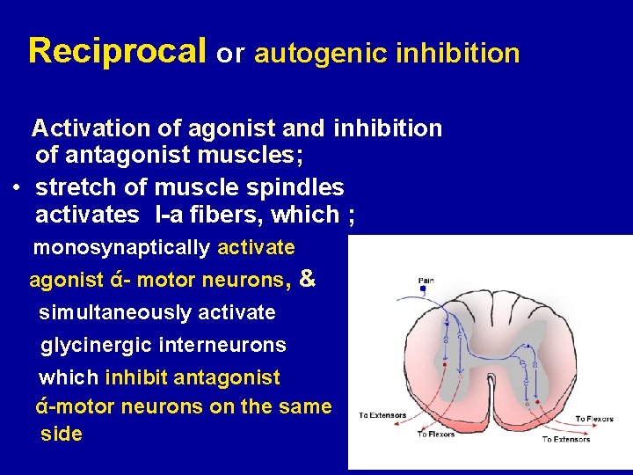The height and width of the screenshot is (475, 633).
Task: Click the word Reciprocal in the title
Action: coord(118,52)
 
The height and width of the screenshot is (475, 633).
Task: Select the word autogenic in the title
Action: coord(308,55)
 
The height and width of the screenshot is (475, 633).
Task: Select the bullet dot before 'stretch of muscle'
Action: coord(18,187)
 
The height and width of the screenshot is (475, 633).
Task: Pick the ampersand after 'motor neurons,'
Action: coord(307,279)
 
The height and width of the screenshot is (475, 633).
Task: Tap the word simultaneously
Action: coord(115,313)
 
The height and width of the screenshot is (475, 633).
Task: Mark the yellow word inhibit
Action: coord(136,378)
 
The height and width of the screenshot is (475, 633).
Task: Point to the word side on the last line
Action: coord(62,434)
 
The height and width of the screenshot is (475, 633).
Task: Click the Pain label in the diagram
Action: coord(426,281)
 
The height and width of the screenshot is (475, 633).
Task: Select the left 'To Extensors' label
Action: coord(382,415)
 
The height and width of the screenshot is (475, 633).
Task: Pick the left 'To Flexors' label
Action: coord(435,434)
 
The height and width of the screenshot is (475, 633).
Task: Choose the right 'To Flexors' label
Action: coord(594,419)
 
